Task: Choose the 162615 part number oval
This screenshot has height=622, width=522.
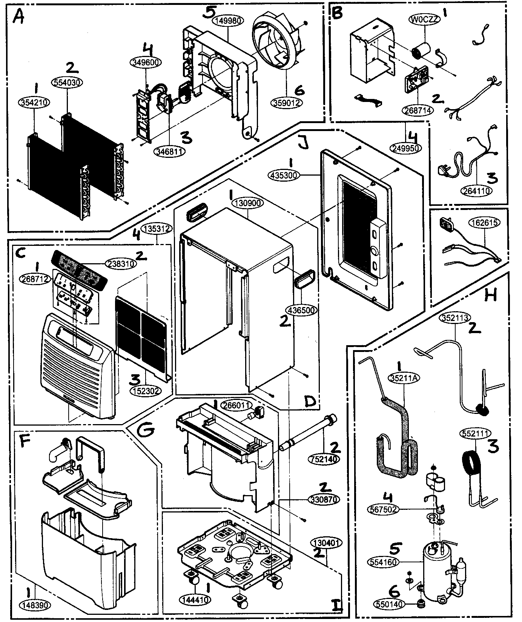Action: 484,223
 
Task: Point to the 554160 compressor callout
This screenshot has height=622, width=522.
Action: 382,562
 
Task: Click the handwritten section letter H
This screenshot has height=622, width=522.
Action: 490,295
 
